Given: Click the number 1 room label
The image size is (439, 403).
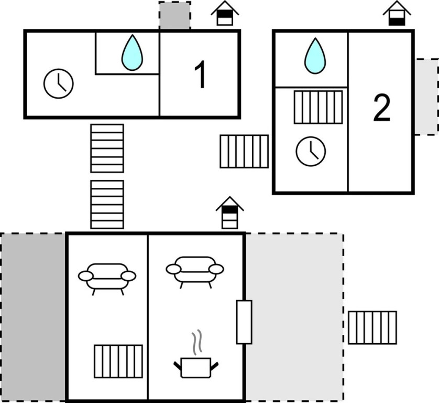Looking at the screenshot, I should tap(200, 76).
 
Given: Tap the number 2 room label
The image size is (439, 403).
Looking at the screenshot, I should tap(381, 110).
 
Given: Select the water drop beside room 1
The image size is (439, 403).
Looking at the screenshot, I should tap(132, 52).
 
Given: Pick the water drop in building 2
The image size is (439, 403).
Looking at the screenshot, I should tap(315, 56).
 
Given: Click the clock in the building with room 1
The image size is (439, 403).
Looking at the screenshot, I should tap(59, 83).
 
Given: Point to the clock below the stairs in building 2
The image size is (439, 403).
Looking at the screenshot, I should tap(311, 151).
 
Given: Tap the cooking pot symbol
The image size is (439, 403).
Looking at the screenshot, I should tap(195, 366).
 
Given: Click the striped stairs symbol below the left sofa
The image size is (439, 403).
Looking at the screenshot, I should tap(118, 361).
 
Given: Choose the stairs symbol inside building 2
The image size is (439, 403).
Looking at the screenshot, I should tap(318, 107).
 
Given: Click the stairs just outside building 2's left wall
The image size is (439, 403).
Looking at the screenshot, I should tap(244, 151).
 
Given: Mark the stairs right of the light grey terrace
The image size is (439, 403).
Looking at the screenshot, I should tap(372, 327).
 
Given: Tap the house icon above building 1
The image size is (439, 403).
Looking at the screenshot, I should tap(225, 14).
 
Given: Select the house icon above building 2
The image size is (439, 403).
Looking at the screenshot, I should tap(397, 14).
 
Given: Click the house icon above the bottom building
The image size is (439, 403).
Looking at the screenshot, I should tap(229, 212).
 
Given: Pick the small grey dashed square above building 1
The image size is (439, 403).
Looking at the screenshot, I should tap(174, 16).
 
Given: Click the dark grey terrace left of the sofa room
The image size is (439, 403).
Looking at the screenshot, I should tap(33, 317).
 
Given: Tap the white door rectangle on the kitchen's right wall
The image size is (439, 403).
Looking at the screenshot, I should tap(244, 322).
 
